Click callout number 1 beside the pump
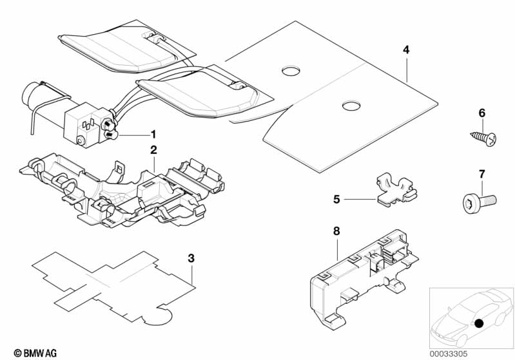click(x=153, y=135)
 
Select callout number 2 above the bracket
click(x=153, y=150)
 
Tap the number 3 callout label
click(x=191, y=258)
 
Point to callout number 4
click(x=406, y=50)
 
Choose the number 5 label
click(x=336, y=199)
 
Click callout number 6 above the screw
click(x=482, y=113)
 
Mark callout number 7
click(x=482, y=175)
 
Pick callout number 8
click(x=336, y=231)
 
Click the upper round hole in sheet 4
click(x=291, y=71)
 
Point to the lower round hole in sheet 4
click(x=351, y=106)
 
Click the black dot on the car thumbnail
click(x=479, y=323)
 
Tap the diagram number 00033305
click(x=448, y=354)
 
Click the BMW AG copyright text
click(x=35, y=353)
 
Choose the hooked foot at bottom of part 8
click(x=334, y=321)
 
